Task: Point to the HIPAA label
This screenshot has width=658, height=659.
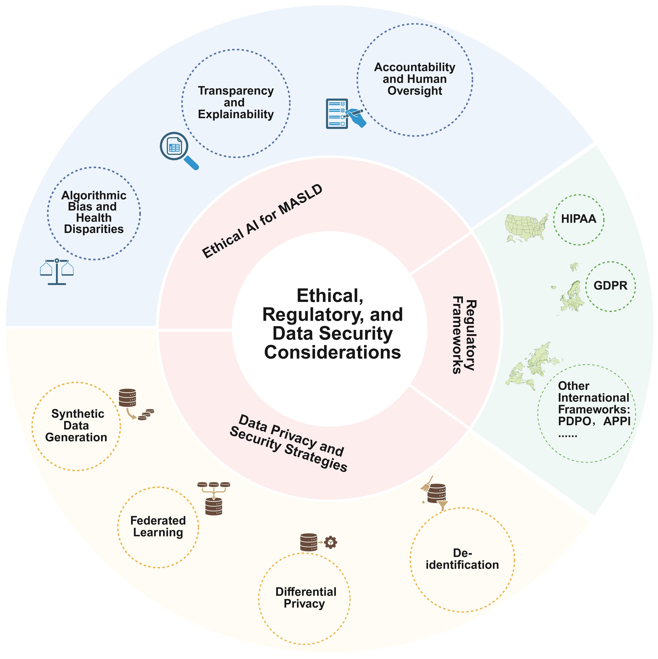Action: click(579, 219)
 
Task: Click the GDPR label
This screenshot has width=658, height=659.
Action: click(610, 286)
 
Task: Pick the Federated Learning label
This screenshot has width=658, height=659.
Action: click(158, 526)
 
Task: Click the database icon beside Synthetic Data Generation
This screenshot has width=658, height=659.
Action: click(127, 398)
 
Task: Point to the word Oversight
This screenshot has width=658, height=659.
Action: click(415, 91)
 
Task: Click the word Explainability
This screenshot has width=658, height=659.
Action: click(236, 114)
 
